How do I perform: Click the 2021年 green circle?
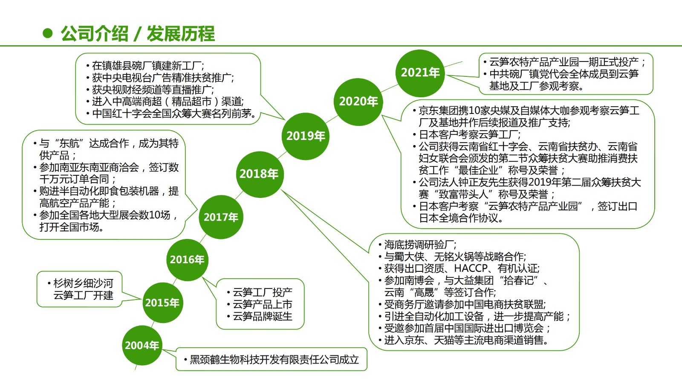point(420,73)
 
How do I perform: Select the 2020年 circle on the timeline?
point(358,102)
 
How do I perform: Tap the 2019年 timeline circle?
point(306,136)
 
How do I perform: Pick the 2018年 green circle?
point(259,174)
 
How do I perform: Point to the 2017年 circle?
point(221,217)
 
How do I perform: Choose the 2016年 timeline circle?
point(187,259)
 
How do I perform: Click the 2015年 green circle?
point(162,303)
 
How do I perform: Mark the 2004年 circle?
point(142,345)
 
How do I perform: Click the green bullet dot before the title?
point(48,33)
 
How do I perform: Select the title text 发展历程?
point(181,34)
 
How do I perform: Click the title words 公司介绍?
point(95,34)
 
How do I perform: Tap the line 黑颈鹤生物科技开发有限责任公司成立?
point(274,360)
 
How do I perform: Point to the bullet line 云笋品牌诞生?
point(262,317)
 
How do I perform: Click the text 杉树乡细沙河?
point(83,283)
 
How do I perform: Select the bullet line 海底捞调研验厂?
point(420,245)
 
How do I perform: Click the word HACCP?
point(471,268)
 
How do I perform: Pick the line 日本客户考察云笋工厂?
point(469,135)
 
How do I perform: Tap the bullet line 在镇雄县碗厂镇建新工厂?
point(147,66)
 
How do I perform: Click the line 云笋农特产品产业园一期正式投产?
point(564,62)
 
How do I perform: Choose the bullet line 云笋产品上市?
point(262,305)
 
